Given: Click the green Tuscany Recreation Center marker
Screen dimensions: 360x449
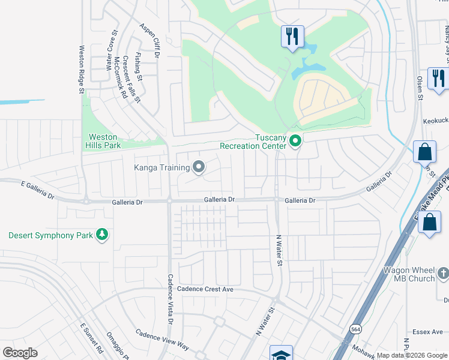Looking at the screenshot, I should click(295, 142).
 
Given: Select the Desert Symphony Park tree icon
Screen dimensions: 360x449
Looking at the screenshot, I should click(102, 235).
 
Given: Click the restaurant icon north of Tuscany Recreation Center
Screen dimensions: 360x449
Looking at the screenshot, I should click(292, 37).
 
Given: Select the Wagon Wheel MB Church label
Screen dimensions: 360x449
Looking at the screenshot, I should click(414, 275).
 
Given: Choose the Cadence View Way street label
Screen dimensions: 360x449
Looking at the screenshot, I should click(162, 339).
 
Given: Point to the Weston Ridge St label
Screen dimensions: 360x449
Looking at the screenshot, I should click(82, 70).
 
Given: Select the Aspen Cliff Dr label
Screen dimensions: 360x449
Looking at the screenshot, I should click(149, 40).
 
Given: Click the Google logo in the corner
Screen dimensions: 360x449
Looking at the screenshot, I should click(20, 353).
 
